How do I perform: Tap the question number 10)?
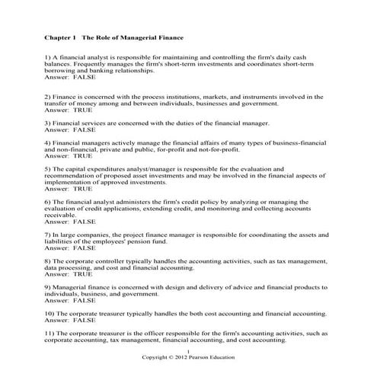point(50,313)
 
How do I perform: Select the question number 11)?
point(50,333)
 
